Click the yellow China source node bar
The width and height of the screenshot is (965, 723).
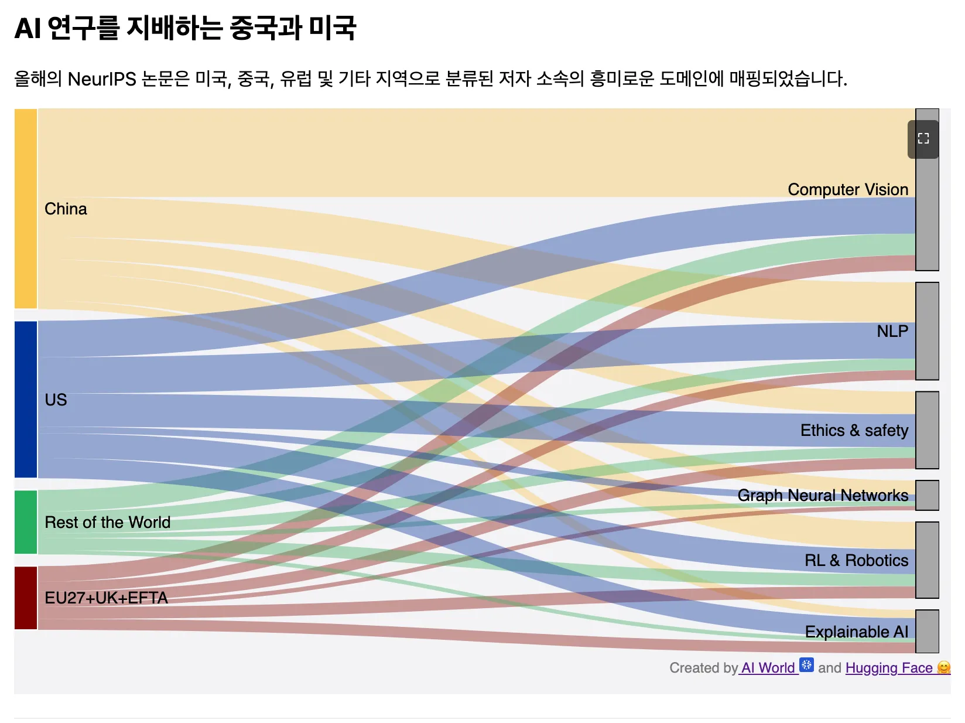26,209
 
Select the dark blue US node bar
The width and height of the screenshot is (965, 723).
26,399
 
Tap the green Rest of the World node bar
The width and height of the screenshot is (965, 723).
26,522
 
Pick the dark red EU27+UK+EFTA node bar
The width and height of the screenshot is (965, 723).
26,598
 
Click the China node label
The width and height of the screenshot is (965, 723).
66,209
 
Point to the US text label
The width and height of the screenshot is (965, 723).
56,400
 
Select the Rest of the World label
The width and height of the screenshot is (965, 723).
107,522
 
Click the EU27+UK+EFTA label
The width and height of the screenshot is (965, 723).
106,598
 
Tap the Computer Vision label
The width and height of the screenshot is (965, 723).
847,190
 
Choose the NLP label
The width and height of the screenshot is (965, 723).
892,332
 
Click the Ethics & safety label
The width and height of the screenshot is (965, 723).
854,431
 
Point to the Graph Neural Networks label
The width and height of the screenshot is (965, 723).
822,496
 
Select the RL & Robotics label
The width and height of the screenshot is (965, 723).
856,561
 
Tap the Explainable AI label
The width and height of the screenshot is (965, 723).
856,632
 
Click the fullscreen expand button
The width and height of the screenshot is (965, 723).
923,139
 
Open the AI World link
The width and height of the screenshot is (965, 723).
769,668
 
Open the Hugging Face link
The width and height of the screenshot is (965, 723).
889,668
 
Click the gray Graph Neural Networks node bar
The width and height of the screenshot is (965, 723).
927,495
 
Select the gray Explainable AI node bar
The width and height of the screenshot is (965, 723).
927,631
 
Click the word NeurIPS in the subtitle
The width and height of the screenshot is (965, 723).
102,79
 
